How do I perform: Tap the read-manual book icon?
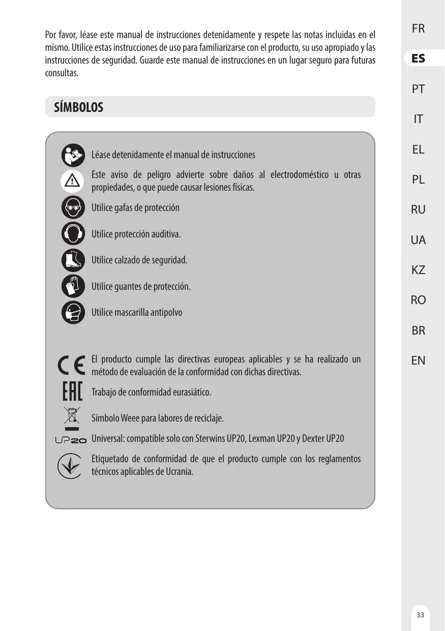(73, 155)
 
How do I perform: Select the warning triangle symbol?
(73, 181)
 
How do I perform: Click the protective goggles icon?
(73, 207)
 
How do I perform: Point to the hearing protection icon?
(73, 234)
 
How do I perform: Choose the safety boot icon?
(73, 260)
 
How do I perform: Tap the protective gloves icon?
(73, 286)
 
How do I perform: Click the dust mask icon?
(73, 312)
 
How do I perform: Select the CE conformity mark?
(72, 366)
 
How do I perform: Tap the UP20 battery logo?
(71, 440)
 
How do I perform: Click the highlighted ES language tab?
(418, 58)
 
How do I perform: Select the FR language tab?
(418, 28)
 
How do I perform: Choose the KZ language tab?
(418, 270)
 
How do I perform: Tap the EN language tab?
(418, 360)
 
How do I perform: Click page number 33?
(420, 615)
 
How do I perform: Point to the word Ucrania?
(179, 471)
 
